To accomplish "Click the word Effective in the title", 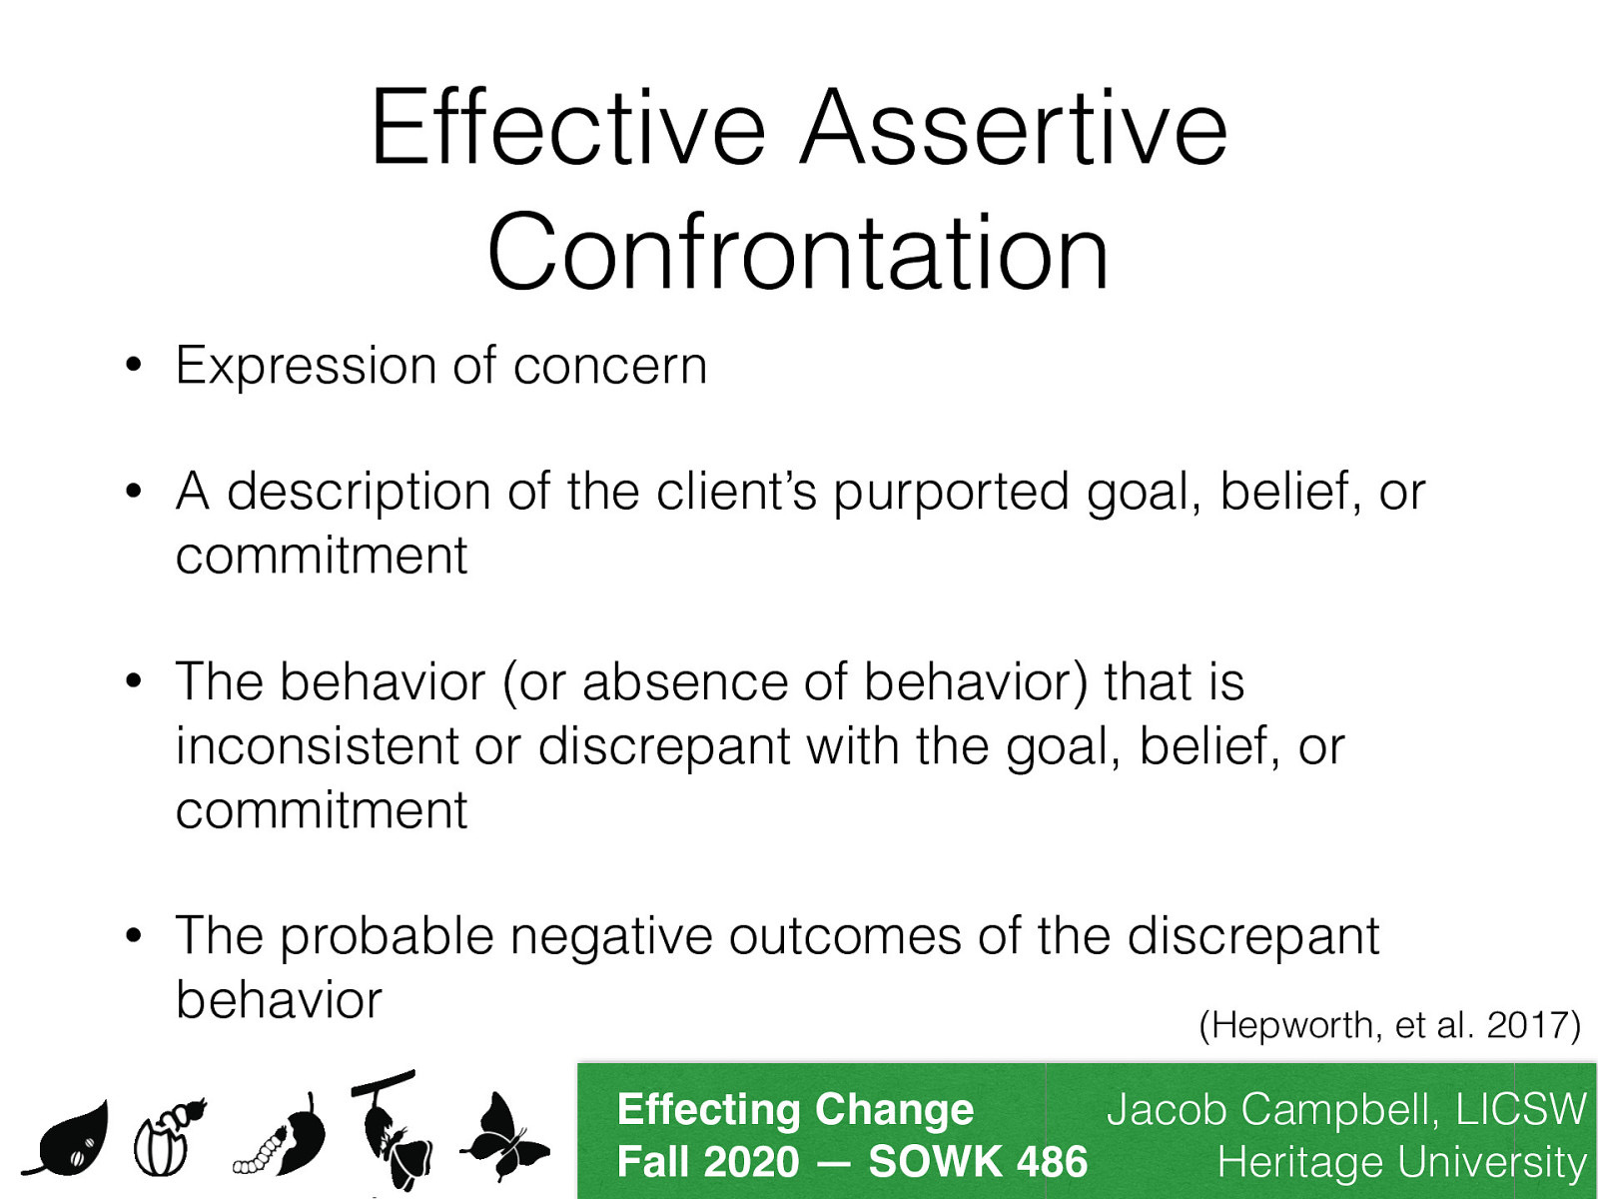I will (x=567, y=130).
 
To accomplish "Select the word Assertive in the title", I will (x=1014, y=130).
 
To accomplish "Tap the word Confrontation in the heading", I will (x=798, y=253).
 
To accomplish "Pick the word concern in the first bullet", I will (x=610, y=366).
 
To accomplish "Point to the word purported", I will (x=951, y=492).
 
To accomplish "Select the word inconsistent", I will (x=317, y=746).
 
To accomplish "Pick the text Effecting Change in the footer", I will (x=795, y=1110).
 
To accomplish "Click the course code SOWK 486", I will (x=977, y=1162).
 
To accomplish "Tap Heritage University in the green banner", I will (x=1400, y=1163).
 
